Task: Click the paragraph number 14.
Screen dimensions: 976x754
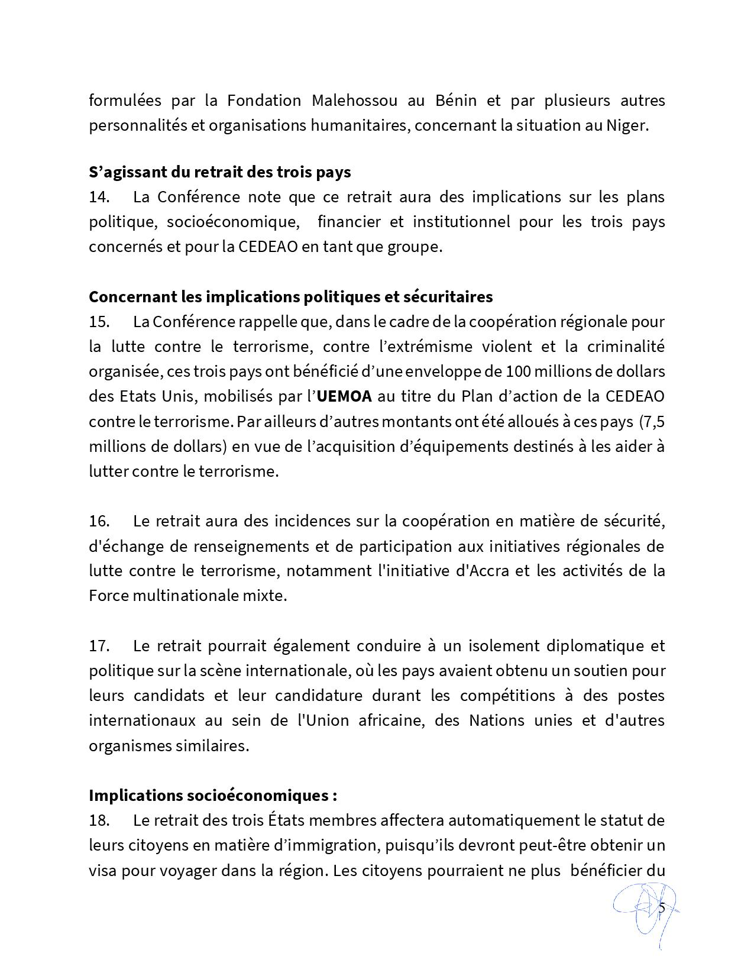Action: point(99,197)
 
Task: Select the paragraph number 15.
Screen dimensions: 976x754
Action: point(99,322)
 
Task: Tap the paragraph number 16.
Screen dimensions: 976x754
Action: point(99,521)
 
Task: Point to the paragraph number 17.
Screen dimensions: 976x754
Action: point(99,645)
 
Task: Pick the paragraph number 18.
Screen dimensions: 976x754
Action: point(99,820)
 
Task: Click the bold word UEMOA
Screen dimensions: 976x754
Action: point(344,396)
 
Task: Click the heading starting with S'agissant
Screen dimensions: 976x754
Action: point(219,172)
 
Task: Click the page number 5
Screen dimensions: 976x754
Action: point(662,908)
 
